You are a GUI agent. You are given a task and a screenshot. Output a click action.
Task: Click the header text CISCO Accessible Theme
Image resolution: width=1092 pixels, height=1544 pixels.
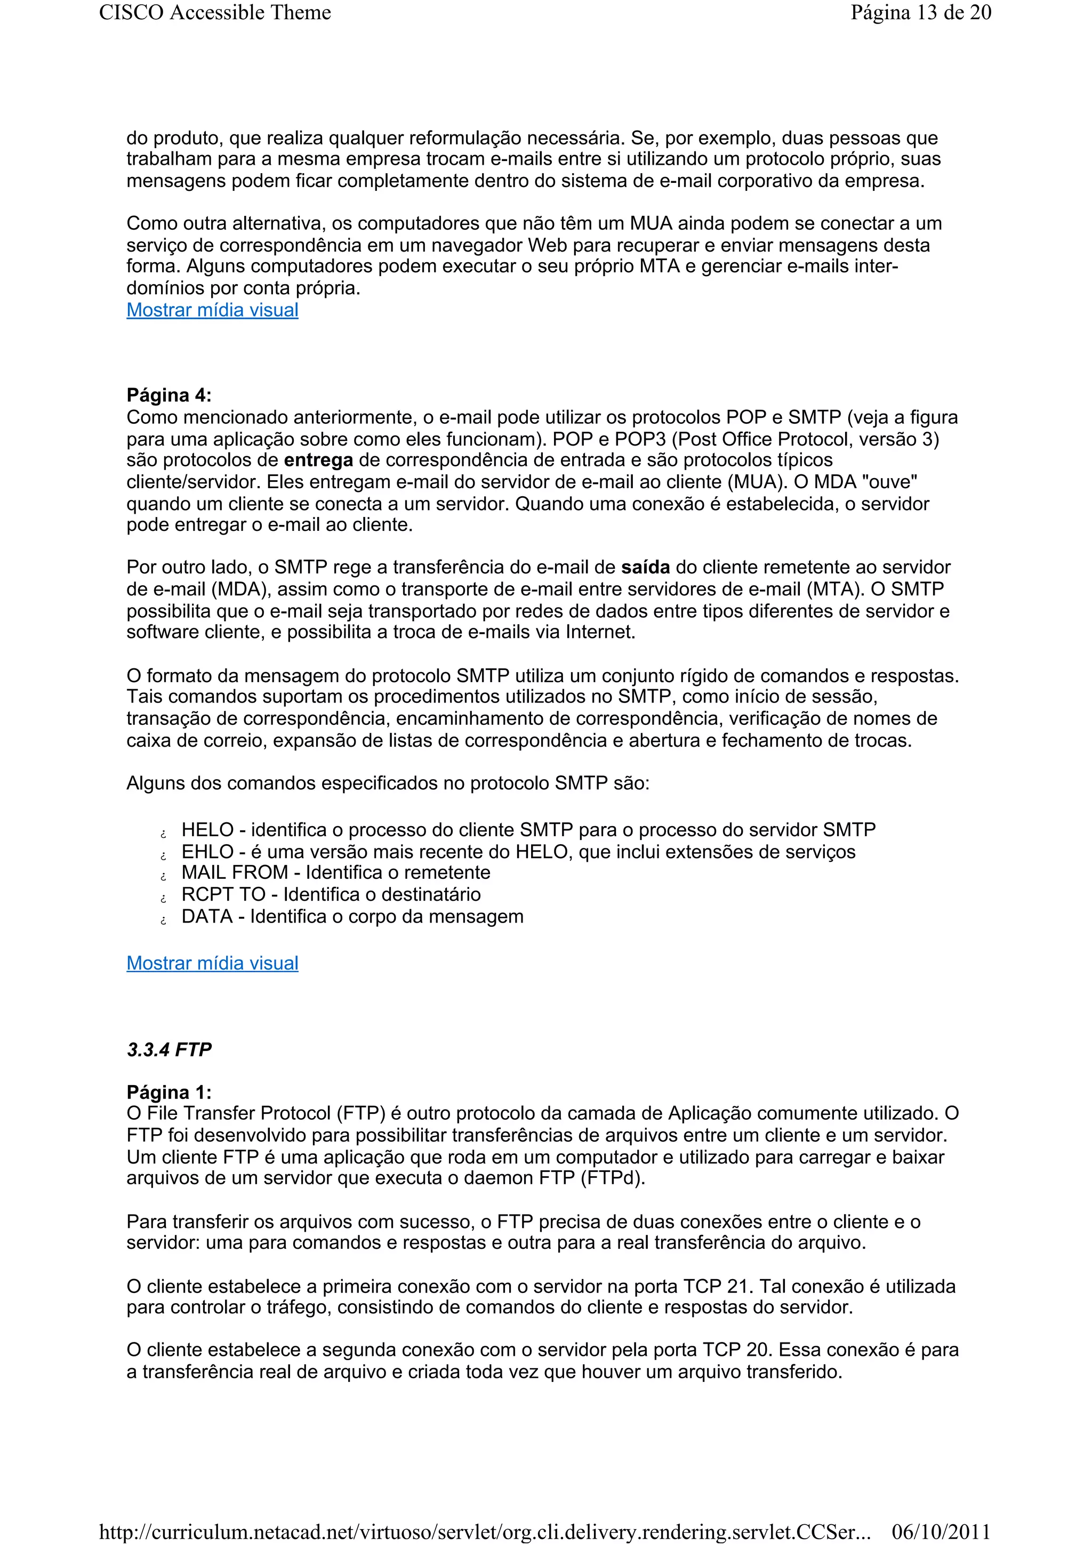[x=215, y=13]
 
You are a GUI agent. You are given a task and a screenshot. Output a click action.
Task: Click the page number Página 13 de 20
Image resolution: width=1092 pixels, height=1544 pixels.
[x=920, y=13]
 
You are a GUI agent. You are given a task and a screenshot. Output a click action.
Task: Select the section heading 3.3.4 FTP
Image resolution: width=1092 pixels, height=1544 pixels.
[x=169, y=1050]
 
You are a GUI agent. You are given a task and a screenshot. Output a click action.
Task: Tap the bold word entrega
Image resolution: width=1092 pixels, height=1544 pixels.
[x=318, y=460]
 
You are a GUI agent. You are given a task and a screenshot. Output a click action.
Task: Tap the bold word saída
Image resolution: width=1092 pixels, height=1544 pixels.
[x=645, y=568]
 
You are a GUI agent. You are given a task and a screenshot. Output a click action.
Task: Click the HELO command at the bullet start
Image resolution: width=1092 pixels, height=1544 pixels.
[x=207, y=830]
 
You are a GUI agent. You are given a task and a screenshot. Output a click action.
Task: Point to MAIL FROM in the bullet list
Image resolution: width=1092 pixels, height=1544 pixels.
[x=234, y=873]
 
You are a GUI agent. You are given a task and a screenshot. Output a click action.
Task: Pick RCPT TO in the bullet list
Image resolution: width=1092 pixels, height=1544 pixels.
[x=223, y=895]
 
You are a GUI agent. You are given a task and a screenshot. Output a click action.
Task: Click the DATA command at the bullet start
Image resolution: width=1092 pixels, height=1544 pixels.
[x=206, y=917]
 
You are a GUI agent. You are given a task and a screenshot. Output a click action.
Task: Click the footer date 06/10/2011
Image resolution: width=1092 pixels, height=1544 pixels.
[x=941, y=1532]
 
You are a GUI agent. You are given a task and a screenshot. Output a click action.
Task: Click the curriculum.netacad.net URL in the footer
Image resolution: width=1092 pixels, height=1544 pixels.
[x=485, y=1532]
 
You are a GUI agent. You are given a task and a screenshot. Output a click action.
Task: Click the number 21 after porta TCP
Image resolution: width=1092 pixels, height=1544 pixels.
[x=737, y=1287]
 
